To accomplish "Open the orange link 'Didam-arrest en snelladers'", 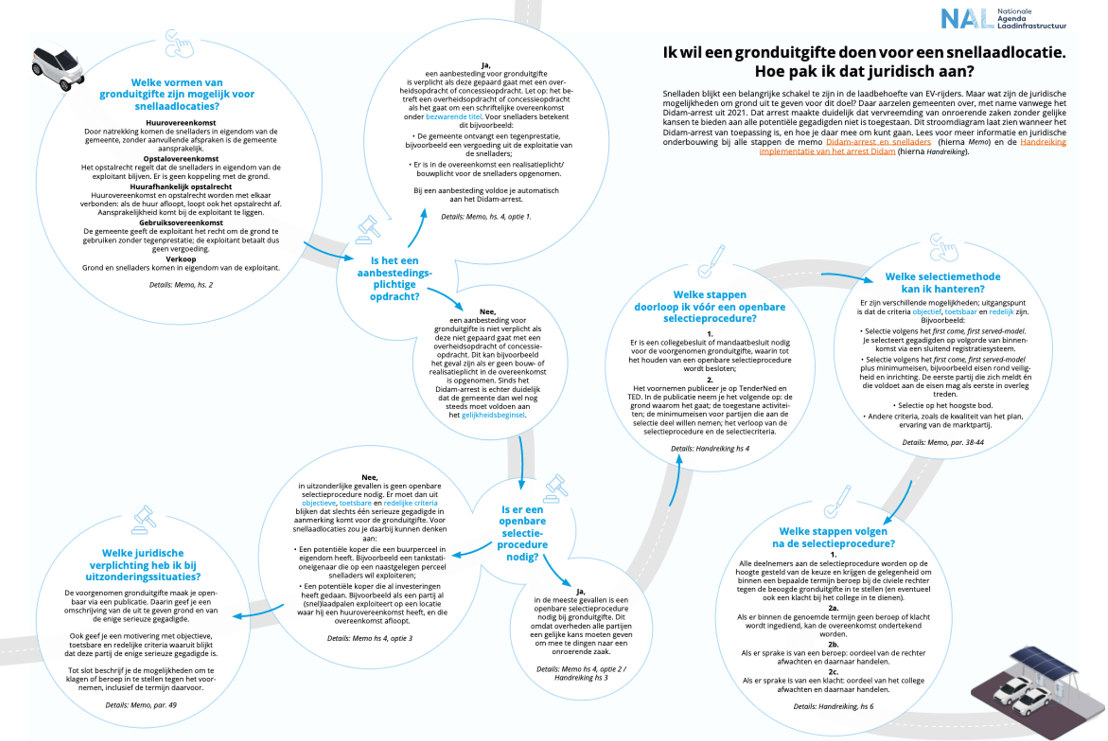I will pyautogui.click(x=878, y=142).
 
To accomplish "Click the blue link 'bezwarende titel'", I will pyautogui.click(x=454, y=117).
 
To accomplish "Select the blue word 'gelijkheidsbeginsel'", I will pyautogui.click(x=493, y=415).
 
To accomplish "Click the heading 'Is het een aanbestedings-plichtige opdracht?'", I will pyautogui.click(x=394, y=278).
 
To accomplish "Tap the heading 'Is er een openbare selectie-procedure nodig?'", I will pyautogui.click(x=522, y=533).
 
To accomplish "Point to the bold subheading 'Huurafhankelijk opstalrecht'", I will pyautogui.click(x=181, y=187).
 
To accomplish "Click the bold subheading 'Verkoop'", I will pyautogui.click(x=181, y=259).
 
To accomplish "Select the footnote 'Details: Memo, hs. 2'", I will pyautogui.click(x=181, y=285).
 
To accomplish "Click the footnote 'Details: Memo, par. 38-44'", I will pyautogui.click(x=943, y=443).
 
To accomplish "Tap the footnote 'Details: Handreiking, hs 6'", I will pyautogui.click(x=833, y=707).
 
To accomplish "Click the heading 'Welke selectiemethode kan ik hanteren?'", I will pyautogui.click(x=943, y=283).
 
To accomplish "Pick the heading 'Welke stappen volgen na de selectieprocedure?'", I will pyautogui.click(x=833, y=537).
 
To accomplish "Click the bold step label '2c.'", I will pyautogui.click(x=833, y=672).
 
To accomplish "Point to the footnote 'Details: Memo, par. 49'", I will pyautogui.click(x=141, y=705).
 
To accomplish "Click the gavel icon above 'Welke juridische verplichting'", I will pyautogui.click(x=144, y=519).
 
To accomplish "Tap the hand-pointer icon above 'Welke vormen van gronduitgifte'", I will pyautogui.click(x=179, y=44).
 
